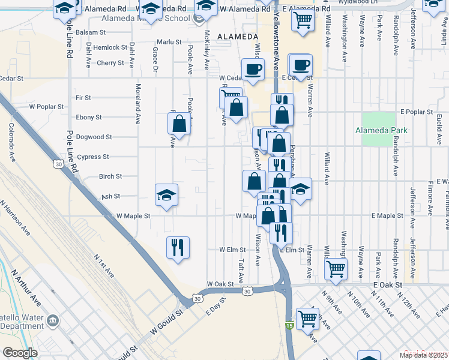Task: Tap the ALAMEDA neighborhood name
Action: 237,37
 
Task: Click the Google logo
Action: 20,353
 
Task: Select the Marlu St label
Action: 169,42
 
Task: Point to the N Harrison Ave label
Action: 17,217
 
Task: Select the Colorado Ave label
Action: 11,142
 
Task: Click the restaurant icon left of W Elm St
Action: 177,247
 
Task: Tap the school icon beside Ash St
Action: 166,194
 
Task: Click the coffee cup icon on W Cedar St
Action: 253,68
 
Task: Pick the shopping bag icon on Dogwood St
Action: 179,124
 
